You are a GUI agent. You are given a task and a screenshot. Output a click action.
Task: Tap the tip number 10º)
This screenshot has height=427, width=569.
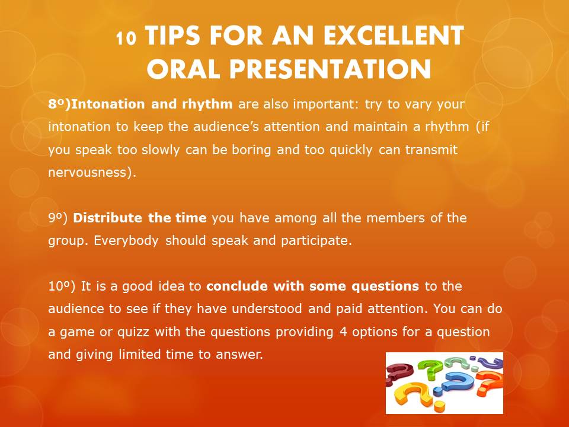pyautogui.click(x=62, y=286)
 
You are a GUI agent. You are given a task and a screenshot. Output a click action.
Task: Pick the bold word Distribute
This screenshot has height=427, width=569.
pyautogui.click(x=109, y=218)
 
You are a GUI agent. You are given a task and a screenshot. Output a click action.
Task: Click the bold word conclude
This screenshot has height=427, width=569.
pyautogui.click(x=237, y=286)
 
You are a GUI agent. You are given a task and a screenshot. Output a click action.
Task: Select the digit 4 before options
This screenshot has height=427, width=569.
pyautogui.click(x=343, y=332)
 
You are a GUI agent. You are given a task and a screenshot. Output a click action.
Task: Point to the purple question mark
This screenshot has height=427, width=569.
pyautogui.click(x=490, y=363)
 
